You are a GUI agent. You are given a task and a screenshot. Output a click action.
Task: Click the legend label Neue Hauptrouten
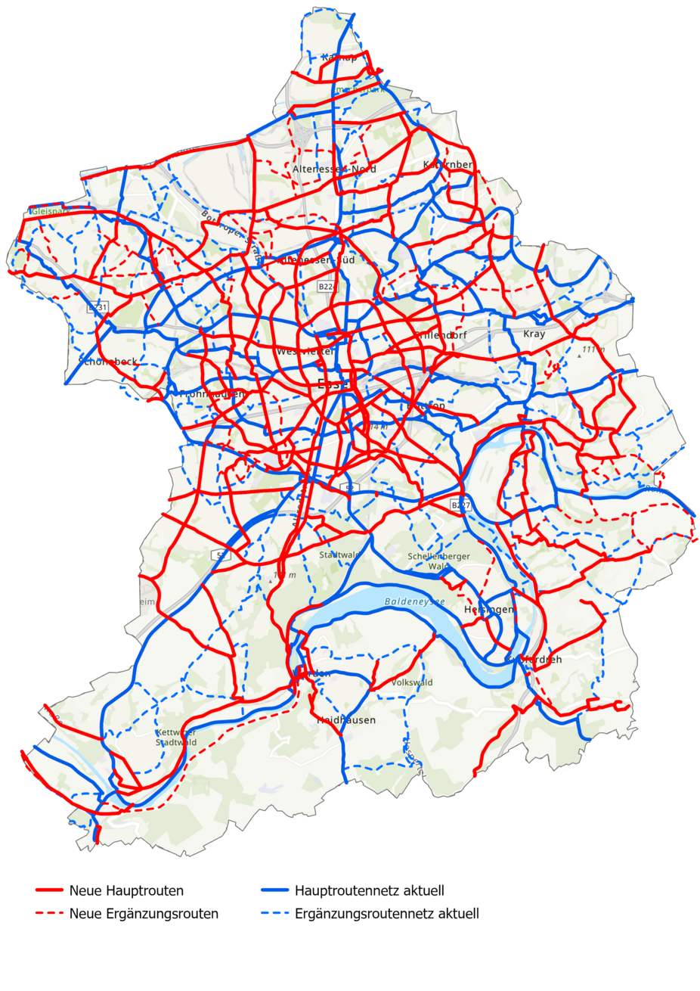point(126,890)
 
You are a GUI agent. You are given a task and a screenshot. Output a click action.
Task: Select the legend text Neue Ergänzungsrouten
point(144,914)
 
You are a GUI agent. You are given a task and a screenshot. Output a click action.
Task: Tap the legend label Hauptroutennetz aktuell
point(370,890)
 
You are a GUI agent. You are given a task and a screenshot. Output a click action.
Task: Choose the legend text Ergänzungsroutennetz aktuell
point(387,914)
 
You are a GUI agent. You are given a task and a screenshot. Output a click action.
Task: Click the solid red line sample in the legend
point(49,890)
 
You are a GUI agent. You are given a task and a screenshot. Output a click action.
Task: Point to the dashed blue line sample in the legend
point(275,914)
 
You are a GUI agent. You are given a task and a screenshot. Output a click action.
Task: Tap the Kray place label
point(534,334)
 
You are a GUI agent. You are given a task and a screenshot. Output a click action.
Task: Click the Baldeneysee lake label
point(415,602)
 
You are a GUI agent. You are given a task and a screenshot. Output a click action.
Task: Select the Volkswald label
point(412,682)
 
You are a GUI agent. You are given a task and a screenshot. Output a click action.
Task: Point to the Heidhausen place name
point(346,720)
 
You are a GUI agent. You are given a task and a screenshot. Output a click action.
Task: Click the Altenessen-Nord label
point(334,169)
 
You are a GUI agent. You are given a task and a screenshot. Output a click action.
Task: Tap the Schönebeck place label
point(109,362)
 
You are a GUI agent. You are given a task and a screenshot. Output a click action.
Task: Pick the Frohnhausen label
point(212,394)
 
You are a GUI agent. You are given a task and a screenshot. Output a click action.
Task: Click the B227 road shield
point(460,505)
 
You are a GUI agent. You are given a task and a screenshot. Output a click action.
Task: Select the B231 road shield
point(98,308)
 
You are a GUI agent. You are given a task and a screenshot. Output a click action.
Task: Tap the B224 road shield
point(327,287)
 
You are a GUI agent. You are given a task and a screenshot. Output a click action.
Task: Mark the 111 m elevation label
point(593,349)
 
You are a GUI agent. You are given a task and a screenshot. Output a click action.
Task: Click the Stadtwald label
point(339,555)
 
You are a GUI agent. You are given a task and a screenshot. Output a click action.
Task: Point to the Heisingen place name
point(489,610)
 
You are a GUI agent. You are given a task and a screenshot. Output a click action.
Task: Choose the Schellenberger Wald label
point(438,561)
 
